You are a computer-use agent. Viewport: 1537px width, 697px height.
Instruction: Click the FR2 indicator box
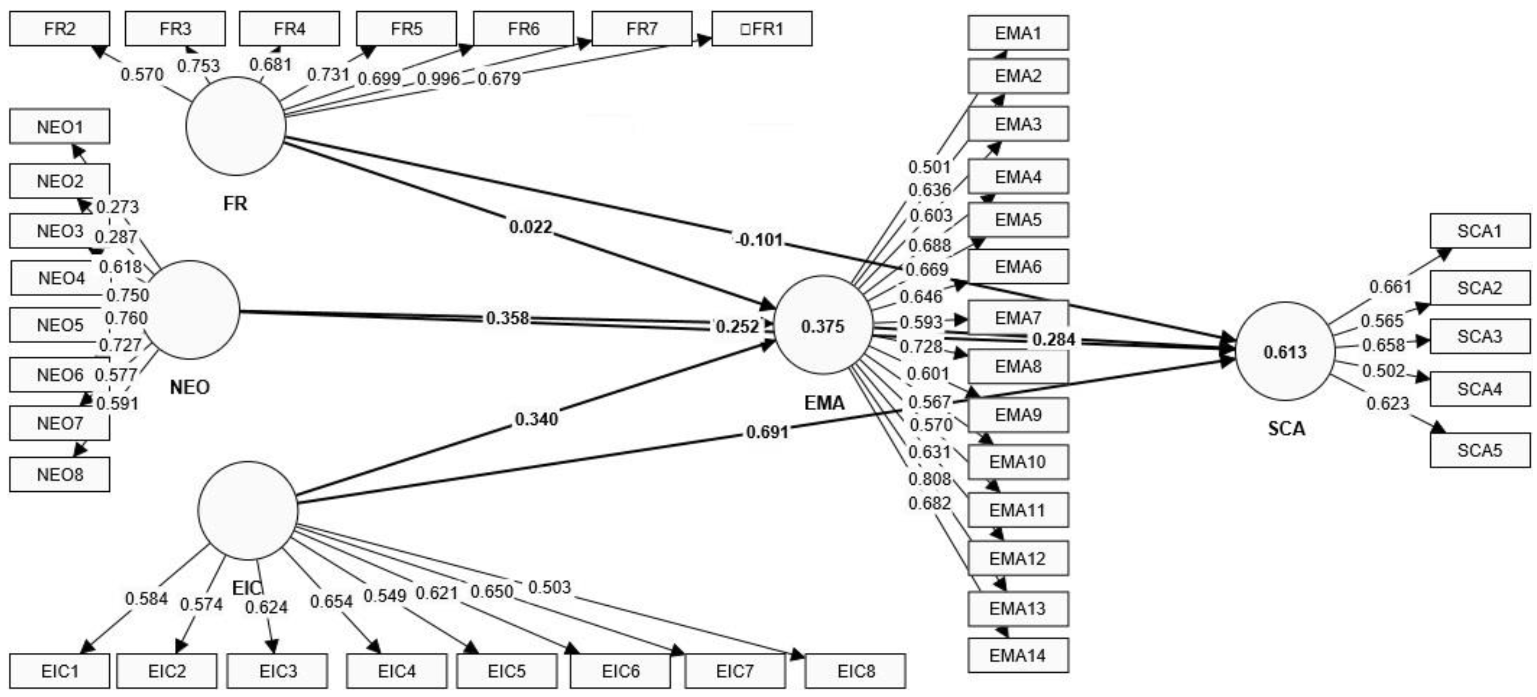60,29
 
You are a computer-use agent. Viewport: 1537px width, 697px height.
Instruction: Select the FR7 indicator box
642,29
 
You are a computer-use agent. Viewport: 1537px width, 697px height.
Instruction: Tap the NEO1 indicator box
60,127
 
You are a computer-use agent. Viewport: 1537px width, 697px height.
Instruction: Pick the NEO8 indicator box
60,474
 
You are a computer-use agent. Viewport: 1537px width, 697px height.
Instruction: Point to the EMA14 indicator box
1017,655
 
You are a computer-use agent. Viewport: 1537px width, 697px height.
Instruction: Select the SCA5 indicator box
1480,450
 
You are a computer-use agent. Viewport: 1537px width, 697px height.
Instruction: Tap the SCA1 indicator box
1480,231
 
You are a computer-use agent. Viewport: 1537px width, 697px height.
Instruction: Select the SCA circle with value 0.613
1285,351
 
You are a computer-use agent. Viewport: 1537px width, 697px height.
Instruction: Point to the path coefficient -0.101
759,240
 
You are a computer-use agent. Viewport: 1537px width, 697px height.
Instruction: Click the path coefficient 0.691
767,431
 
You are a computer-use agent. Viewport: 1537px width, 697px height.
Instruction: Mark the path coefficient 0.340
536,419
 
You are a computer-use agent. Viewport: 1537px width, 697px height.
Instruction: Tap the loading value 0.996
439,79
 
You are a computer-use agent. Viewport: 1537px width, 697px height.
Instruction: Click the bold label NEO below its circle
190,387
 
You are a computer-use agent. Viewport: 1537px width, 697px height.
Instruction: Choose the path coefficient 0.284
1054,340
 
